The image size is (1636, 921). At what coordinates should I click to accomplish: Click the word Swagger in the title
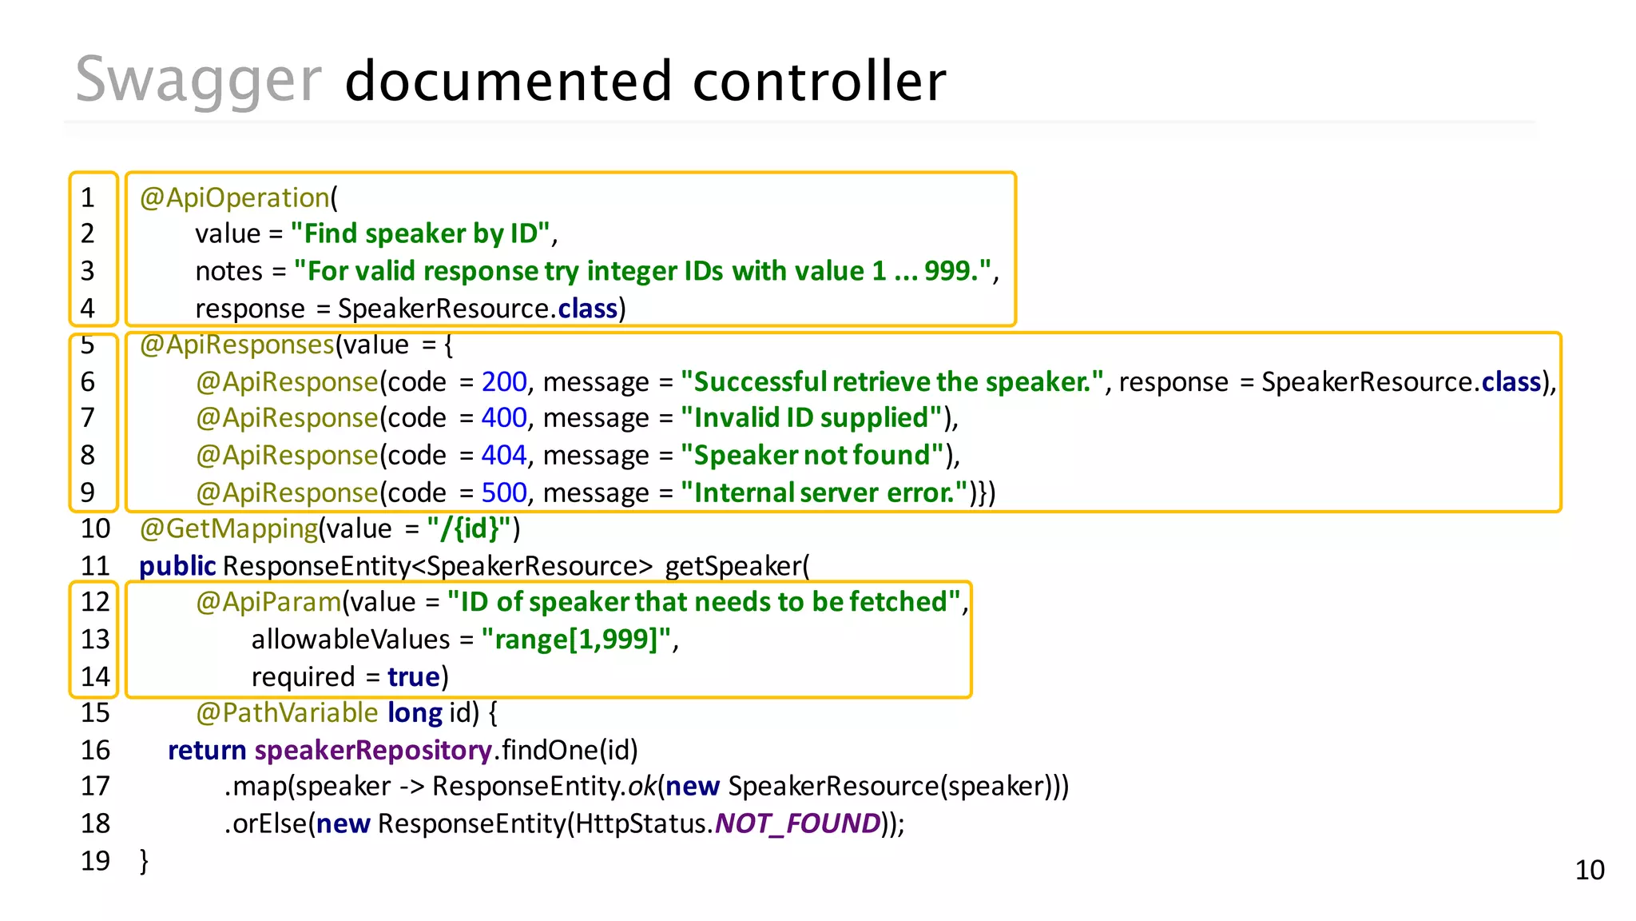pyautogui.click(x=198, y=82)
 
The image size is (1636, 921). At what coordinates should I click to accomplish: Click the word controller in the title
pyautogui.click(x=819, y=82)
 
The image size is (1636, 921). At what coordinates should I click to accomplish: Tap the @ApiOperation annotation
pyautogui.click(x=235, y=197)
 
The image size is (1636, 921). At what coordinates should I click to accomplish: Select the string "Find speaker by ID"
pyautogui.click(x=420, y=233)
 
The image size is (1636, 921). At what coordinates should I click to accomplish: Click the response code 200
pyautogui.click(x=504, y=382)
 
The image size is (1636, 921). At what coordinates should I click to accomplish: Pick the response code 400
pyautogui.click(x=504, y=418)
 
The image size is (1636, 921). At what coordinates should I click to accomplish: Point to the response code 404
pyautogui.click(x=504, y=456)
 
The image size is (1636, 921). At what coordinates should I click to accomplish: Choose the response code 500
pyautogui.click(x=504, y=492)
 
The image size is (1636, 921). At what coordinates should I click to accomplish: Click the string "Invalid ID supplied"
pyautogui.click(x=812, y=418)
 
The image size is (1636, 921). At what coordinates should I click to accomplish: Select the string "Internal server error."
pyautogui.click(x=824, y=492)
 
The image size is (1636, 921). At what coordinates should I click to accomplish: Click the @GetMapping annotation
pyautogui.click(x=228, y=528)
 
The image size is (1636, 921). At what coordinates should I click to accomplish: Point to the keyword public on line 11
pyautogui.click(x=177, y=566)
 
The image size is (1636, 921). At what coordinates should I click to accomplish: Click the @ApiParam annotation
pyautogui.click(x=268, y=602)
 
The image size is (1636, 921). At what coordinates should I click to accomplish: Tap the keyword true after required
pyautogui.click(x=413, y=677)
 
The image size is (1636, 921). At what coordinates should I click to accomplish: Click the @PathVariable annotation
pyautogui.click(x=287, y=713)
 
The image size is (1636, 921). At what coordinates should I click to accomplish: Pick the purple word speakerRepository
pyautogui.click(x=372, y=751)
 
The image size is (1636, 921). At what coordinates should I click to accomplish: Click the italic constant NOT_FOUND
pyautogui.click(x=796, y=823)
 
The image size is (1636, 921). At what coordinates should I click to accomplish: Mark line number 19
pyautogui.click(x=95, y=861)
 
